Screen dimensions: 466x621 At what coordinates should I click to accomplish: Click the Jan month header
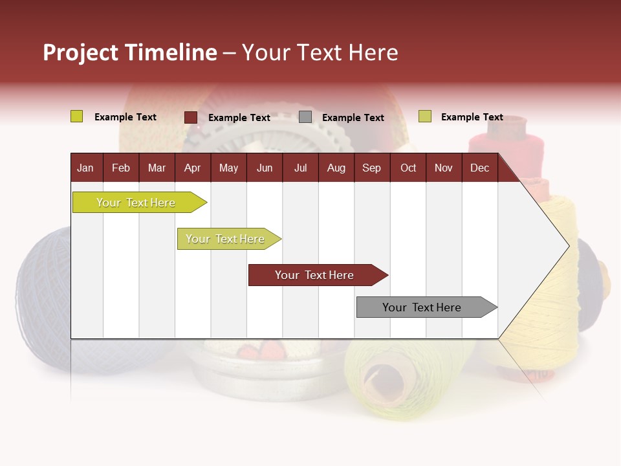tap(85, 168)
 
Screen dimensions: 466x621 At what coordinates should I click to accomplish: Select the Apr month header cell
tap(192, 168)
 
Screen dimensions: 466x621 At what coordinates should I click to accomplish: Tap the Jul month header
tap(300, 168)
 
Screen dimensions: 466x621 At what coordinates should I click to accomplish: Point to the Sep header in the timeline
tap(371, 168)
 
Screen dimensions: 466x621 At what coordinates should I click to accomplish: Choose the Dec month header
tap(479, 168)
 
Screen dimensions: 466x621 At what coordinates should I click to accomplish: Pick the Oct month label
tap(408, 168)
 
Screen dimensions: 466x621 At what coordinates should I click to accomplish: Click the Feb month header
tap(121, 168)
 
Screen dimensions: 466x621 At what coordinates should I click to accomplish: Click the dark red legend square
tap(191, 117)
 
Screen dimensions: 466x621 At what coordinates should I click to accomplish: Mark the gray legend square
tap(305, 117)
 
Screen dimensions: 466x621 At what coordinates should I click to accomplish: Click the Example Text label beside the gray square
tap(353, 118)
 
